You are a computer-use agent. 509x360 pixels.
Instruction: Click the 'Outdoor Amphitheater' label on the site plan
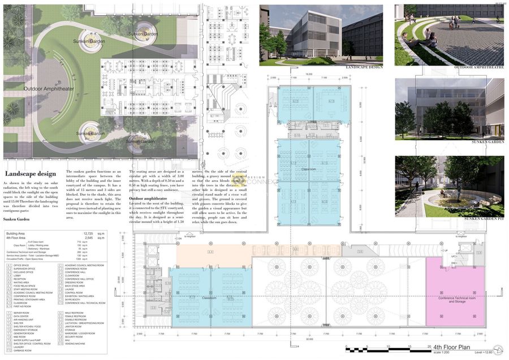pos(49,89)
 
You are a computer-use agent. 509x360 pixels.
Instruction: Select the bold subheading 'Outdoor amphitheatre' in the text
pos(149,199)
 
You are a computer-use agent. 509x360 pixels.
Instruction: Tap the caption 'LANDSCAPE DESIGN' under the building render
pos(364,67)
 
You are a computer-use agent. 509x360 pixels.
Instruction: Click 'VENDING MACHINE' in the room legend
pos(77,344)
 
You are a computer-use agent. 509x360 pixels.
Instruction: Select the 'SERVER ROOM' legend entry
pos(22,313)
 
